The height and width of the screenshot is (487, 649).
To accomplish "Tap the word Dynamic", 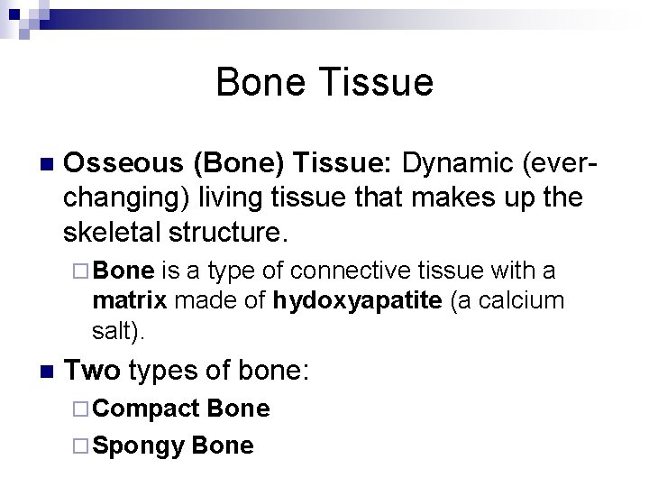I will click(452, 164).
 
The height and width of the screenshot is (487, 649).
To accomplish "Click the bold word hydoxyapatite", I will click(356, 300).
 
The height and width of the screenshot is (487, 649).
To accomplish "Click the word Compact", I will click(145, 409).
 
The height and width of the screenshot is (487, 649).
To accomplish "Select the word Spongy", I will click(139, 445).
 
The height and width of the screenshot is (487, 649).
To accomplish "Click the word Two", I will click(92, 370).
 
